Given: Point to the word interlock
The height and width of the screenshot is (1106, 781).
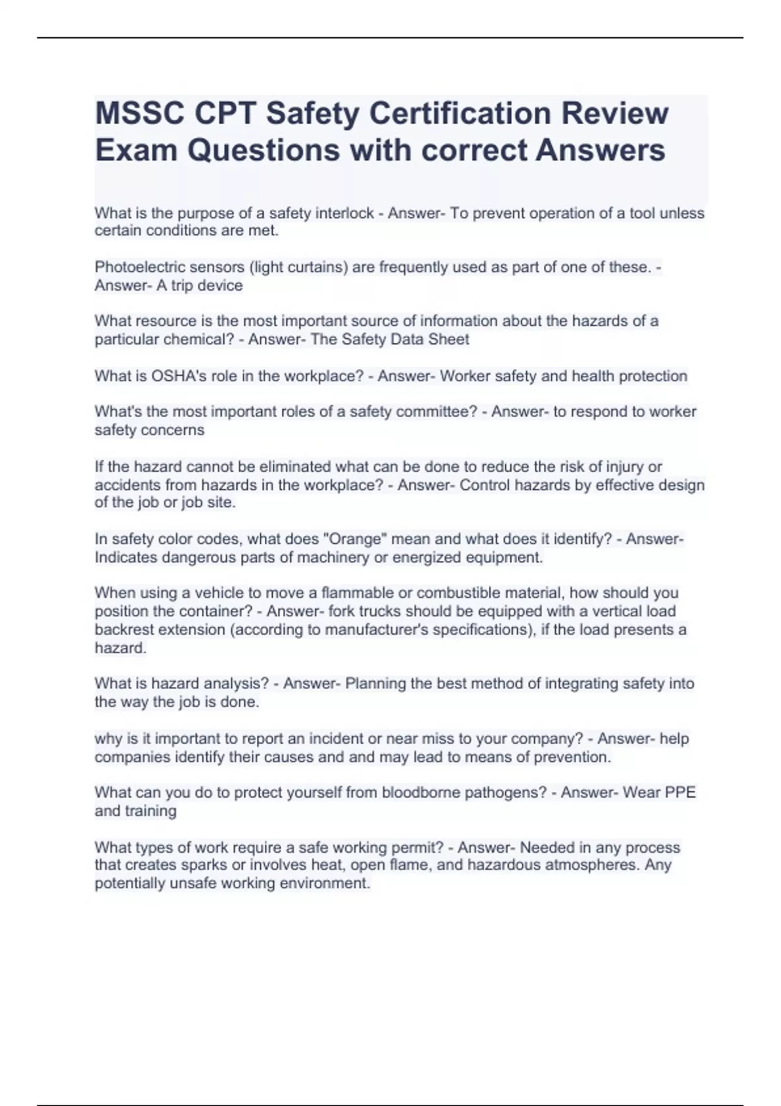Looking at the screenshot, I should click(344, 213).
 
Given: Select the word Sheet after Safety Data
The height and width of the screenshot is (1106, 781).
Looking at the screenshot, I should click(449, 340).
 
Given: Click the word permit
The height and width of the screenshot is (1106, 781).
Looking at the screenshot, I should click(420, 848).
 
